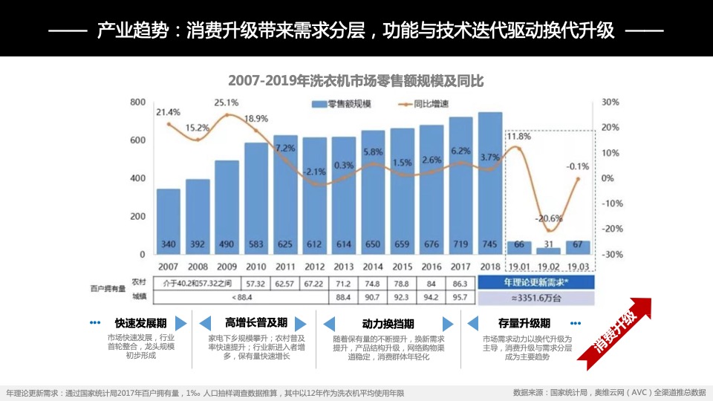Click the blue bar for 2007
tap(169, 221)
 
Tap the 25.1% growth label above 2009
tap(227, 103)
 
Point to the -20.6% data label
tap(550, 218)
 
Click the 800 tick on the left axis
tap(138, 102)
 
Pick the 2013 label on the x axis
tap(344, 267)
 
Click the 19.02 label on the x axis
tap(549, 267)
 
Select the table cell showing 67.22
tap(314, 283)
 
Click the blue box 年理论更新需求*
tap(536, 283)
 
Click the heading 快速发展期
tap(140, 324)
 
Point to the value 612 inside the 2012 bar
tap(314, 244)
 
